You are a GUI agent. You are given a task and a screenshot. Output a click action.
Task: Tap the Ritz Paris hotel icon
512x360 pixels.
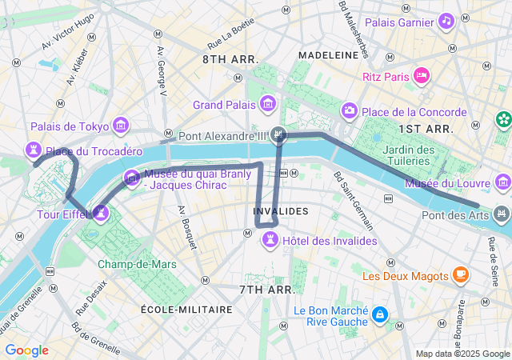(x=422, y=76)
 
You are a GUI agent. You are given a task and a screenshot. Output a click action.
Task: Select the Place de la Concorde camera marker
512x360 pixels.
(x=349, y=110)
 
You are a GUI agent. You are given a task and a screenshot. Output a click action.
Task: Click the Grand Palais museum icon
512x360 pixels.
(x=267, y=104)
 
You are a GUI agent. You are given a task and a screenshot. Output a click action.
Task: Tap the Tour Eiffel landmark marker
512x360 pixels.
(x=101, y=213)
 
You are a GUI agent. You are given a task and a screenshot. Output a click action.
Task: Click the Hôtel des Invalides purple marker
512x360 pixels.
(x=270, y=240)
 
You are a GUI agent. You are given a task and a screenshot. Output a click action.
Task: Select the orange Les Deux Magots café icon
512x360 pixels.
(x=460, y=275)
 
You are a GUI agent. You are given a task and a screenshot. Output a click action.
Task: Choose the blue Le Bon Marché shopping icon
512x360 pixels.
(x=379, y=314)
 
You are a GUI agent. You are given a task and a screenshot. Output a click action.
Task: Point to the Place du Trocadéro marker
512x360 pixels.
(x=33, y=150)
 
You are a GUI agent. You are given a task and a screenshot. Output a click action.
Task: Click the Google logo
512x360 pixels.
(x=26, y=350)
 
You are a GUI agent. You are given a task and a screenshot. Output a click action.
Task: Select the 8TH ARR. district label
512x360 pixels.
(x=230, y=59)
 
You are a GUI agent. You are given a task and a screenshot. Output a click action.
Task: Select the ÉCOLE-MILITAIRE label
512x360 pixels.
(x=186, y=309)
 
